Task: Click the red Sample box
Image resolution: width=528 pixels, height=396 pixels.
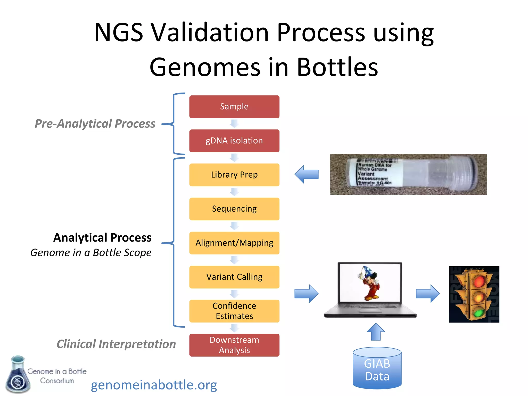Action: click(x=234, y=107)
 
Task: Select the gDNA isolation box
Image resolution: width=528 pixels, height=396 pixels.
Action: click(x=234, y=141)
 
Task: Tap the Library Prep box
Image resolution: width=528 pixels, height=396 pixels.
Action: click(x=234, y=175)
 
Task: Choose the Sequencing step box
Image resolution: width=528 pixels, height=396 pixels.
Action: click(x=234, y=209)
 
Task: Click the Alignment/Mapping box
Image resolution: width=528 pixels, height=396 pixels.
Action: click(x=234, y=243)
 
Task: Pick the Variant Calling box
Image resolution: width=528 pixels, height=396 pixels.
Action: click(x=234, y=277)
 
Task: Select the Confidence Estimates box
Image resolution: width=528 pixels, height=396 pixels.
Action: click(x=234, y=311)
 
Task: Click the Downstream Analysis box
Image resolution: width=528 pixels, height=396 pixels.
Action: click(x=234, y=345)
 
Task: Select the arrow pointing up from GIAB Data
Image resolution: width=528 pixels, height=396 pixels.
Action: click(x=376, y=332)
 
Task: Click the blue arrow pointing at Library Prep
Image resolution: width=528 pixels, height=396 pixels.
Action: click(x=307, y=174)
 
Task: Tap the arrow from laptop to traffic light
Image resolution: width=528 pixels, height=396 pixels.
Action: click(x=428, y=293)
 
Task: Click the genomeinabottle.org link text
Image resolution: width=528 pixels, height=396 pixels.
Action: click(x=154, y=385)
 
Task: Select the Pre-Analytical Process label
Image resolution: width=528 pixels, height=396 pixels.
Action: click(x=95, y=123)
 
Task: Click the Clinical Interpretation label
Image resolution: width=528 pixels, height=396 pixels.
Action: click(x=116, y=344)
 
